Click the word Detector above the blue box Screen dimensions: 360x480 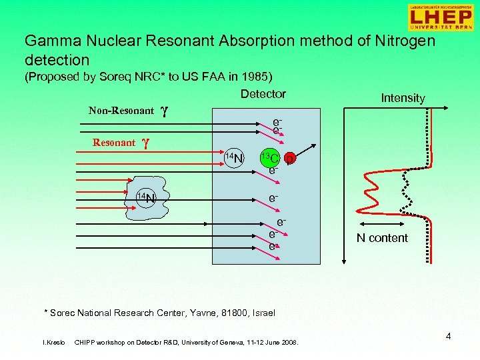[263, 94]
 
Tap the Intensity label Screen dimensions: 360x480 [403, 98]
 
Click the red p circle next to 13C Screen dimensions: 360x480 [289, 159]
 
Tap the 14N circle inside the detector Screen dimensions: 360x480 [233, 158]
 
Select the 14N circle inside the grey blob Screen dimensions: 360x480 [145, 197]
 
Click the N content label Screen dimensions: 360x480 [382, 238]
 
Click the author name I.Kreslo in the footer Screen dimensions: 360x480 [53, 343]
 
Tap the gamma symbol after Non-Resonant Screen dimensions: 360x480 [164, 111]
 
